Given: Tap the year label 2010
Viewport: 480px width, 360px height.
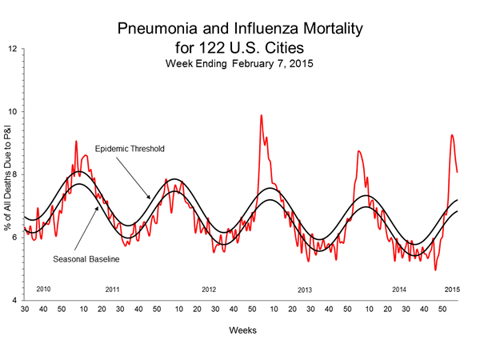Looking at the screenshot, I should [x=45, y=288].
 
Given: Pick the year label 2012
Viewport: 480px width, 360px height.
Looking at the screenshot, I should [x=209, y=288].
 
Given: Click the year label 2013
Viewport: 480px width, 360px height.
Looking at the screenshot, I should [x=305, y=288].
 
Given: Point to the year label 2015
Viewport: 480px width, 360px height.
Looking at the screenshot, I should [x=452, y=288].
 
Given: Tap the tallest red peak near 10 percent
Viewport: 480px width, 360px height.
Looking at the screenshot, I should [x=261, y=115].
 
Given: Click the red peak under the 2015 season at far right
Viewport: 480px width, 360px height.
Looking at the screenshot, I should [x=453, y=135].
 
